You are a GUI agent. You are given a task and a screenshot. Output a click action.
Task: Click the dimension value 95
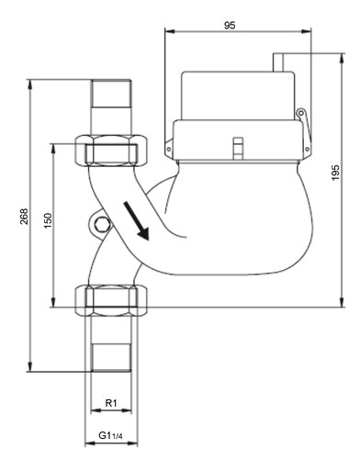230,26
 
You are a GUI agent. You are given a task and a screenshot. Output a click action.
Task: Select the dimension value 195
336,173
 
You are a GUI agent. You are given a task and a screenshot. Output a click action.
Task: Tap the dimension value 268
24,217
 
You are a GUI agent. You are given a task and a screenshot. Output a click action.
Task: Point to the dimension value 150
48,220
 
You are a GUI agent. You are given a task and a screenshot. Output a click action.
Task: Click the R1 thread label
111,403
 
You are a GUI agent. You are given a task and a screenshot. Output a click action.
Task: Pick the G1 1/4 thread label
110,435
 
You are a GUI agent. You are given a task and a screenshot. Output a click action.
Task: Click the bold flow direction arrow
136,220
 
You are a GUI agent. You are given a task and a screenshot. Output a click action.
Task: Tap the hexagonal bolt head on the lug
101,226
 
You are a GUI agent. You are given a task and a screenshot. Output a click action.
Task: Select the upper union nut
111,151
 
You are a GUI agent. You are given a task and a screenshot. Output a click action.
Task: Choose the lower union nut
111,300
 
